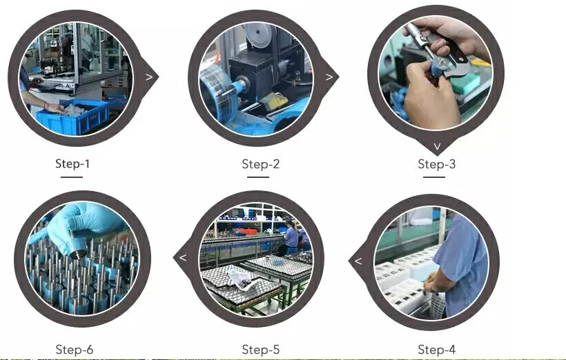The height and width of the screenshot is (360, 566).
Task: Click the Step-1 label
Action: [x=72, y=163]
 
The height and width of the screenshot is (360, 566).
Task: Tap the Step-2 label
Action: [x=261, y=164]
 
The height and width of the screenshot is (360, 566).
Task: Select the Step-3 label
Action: [x=436, y=164]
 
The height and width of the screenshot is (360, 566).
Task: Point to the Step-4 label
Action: [x=436, y=350]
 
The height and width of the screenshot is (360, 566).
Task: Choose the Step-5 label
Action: [x=261, y=350]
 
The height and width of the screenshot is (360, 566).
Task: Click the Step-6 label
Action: [x=75, y=350]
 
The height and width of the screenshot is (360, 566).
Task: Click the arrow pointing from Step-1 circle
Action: [x=149, y=77]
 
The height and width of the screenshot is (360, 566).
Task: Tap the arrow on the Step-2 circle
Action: [x=329, y=77]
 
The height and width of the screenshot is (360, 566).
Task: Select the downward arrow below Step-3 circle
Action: [x=437, y=146]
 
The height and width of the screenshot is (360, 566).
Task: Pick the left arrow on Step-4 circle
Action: [x=358, y=261]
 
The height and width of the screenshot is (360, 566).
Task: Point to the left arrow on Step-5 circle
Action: [x=183, y=257]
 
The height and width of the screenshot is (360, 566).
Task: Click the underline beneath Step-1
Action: [x=72, y=177]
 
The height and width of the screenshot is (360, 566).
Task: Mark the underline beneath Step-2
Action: [x=258, y=177]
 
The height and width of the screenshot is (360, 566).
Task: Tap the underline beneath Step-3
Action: [x=434, y=177]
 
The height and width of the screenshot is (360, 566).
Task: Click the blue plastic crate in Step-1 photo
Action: [x=73, y=116]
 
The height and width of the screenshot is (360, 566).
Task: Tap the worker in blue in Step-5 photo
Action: [x=290, y=237]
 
